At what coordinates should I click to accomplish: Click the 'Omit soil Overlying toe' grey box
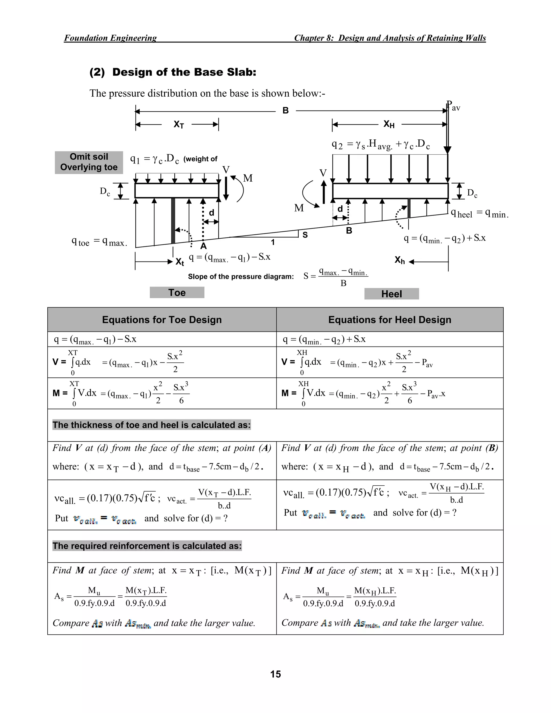click(x=89, y=162)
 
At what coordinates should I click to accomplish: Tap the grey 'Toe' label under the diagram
click(x=177, y=292)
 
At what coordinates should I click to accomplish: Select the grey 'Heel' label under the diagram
click(x=391, y=294)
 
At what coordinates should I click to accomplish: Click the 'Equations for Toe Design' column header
click(x=162, y=320)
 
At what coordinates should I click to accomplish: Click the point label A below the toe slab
click(x=203, y=246)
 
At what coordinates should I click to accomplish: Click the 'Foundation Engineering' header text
click(x=110, y=38)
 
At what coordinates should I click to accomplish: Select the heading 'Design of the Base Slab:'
click(x=173, y=72)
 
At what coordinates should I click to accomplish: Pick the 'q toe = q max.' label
click(x=99, y=242)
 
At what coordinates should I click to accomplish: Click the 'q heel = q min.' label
click(x=479, y=214)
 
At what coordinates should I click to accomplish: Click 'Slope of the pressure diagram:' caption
click(x=241, y=277)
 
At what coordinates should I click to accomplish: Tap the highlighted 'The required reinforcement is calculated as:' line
click(x=147, y=546)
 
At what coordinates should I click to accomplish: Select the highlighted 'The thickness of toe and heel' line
click(x=151, y=425)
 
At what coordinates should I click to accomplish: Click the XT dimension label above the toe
click(x=179, y=124)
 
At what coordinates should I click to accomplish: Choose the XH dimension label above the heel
click(x=389, y=124)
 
